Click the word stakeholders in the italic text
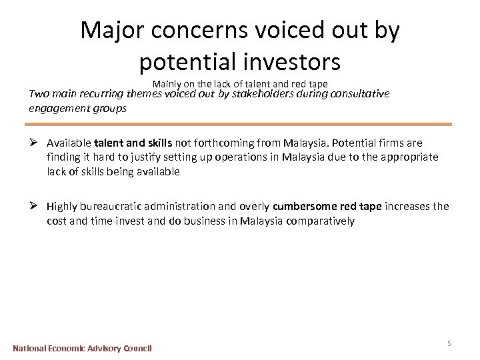(x=277, y=95)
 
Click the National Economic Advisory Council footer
(x=83, y=348)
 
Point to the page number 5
(x=449, y=343)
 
